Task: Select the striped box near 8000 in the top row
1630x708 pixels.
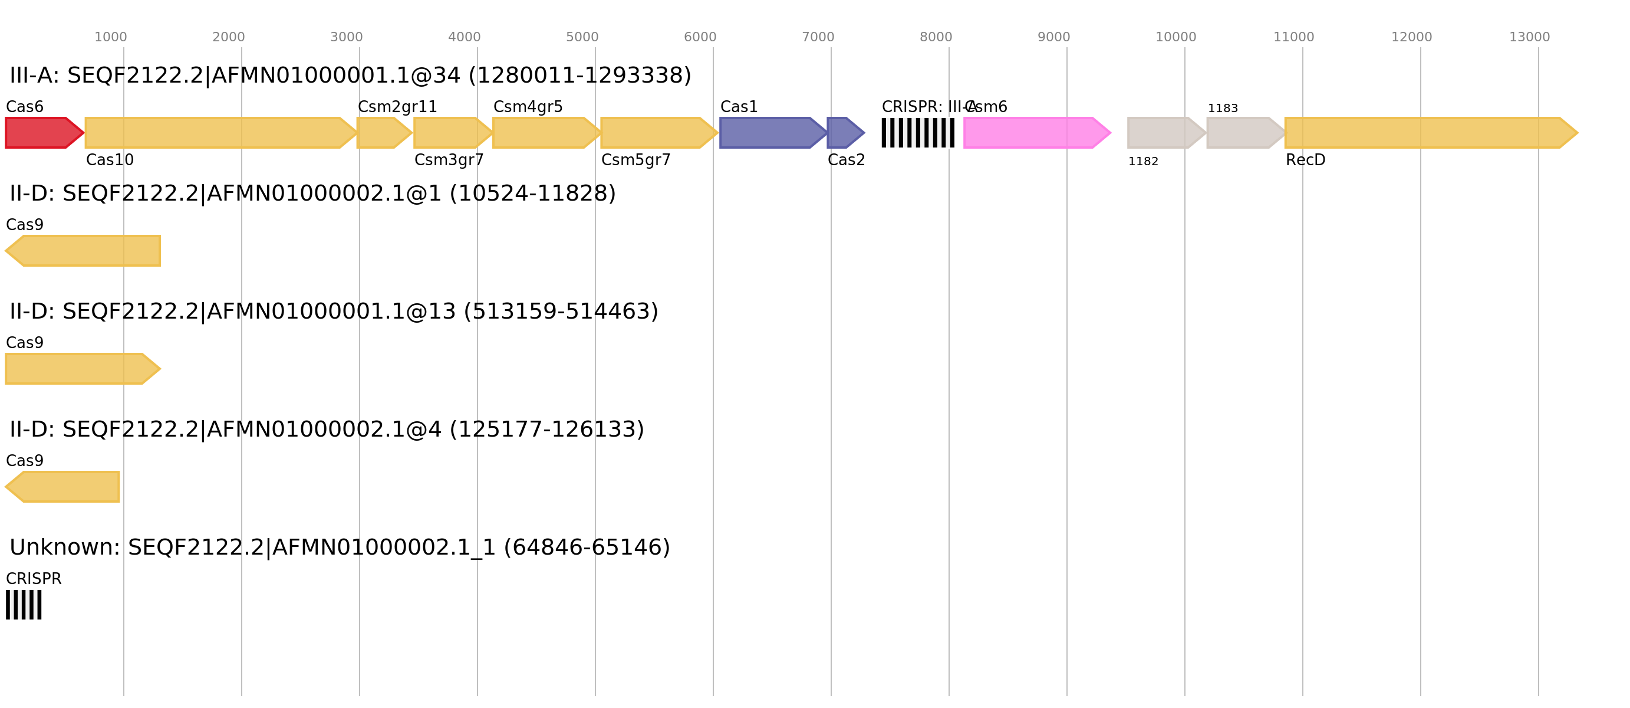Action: click(x=917, y=133)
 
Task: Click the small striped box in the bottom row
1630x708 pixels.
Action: click(x=24, y=605)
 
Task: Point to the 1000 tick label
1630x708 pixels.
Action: click(x=110, y=37)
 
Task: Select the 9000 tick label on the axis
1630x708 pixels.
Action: click(x=1053, y=37)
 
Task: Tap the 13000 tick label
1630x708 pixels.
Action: click(x=1529, y=37)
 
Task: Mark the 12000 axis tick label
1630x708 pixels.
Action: click(x=1411, y=37)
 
